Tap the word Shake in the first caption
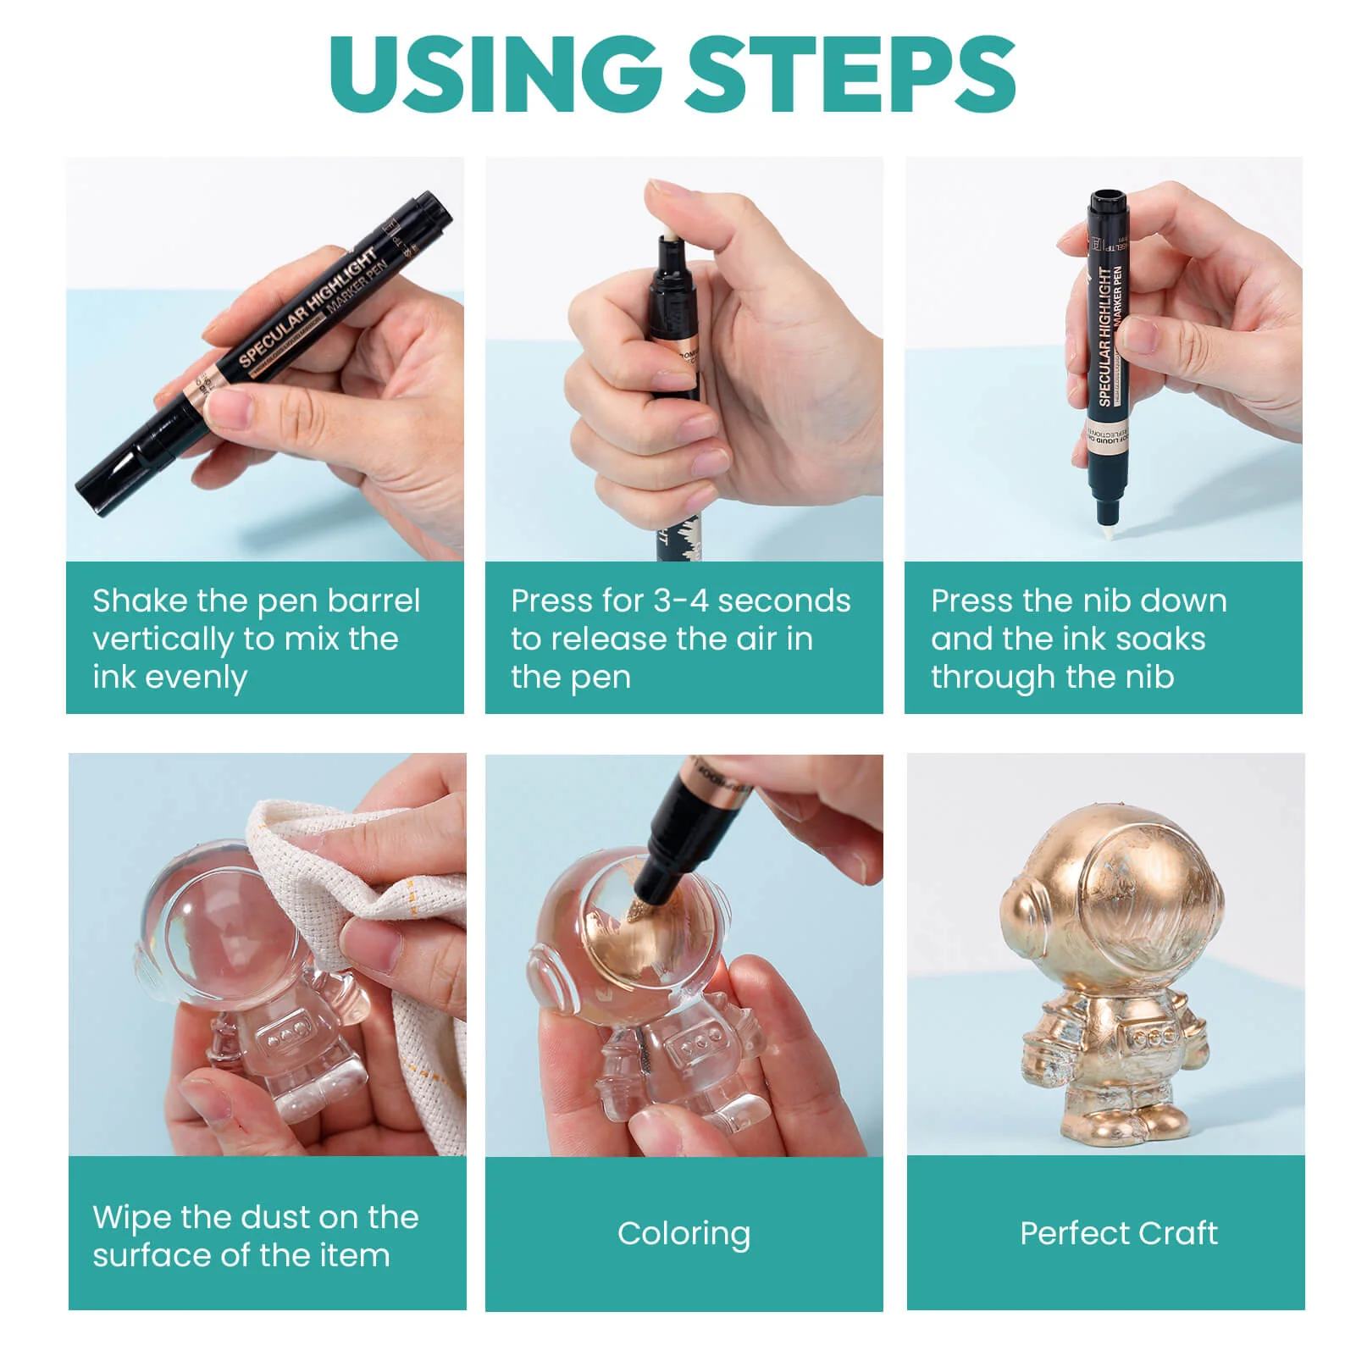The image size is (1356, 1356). click(x=140, y=601)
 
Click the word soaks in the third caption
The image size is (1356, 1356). click(x=1160, y=639)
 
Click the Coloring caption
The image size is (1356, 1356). click(x=684, y=1233)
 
